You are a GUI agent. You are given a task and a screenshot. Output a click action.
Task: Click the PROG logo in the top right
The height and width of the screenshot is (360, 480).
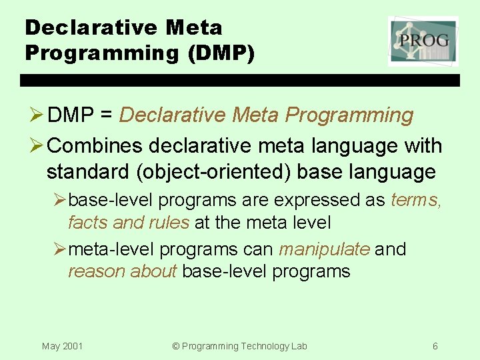pos(423,41)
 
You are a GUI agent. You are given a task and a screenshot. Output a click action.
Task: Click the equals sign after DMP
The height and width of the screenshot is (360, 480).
pos(106,115)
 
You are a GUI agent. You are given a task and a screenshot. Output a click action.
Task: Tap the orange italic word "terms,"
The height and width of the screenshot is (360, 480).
pos(416,200)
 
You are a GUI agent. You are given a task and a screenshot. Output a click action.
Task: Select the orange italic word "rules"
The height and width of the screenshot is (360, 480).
pos(168,222)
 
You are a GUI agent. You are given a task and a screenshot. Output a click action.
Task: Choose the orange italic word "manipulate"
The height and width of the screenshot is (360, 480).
pos(324,249)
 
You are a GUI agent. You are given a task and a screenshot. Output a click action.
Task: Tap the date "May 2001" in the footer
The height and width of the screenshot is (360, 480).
pos(62,346)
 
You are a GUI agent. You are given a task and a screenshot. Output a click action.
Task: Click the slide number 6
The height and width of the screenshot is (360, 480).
pos(435,346)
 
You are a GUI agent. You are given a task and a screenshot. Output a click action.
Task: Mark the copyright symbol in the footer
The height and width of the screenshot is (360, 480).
pos(176,346)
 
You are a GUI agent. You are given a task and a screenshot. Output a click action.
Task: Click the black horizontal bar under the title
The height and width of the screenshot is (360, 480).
pos(240,80)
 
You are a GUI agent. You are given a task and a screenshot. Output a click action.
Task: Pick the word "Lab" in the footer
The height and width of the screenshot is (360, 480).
pos(299,346)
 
